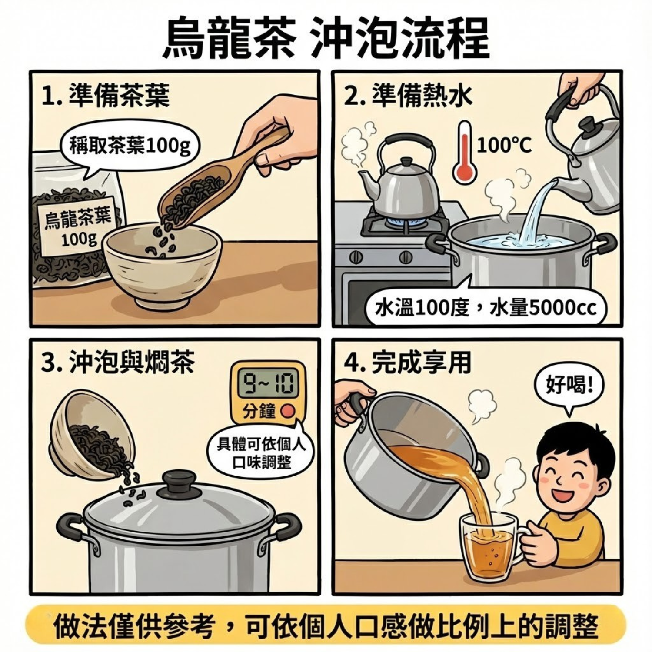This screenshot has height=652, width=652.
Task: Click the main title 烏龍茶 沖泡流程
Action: point(326,39)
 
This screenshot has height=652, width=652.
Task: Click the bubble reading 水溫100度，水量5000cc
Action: point(485,309)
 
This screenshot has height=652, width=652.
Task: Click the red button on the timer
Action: point(287,411)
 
